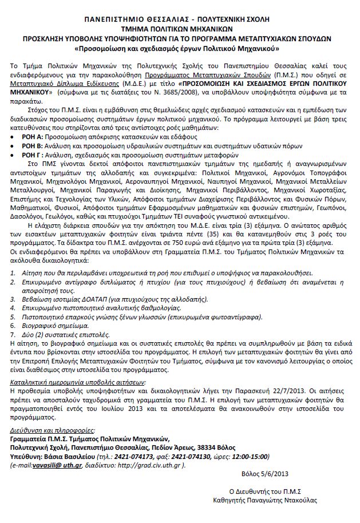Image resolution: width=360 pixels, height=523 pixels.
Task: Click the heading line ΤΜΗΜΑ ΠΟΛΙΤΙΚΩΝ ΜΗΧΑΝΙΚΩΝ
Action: click(x=180, y=27)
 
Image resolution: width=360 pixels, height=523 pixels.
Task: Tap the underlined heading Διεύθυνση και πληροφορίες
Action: click(x=53, y=429)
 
